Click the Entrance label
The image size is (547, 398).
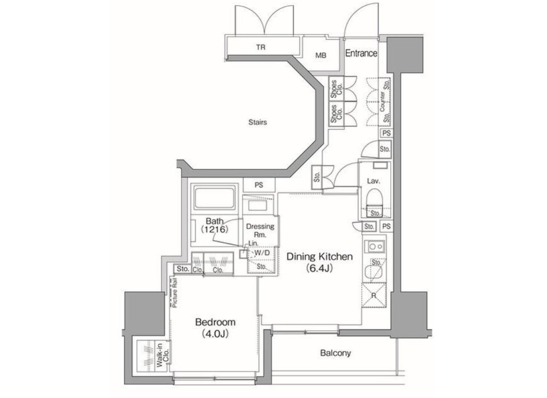361,53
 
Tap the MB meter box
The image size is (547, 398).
321,55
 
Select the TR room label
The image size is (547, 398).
260,47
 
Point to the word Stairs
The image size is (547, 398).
258,122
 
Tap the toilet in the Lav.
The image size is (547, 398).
374,201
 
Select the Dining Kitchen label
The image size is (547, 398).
320,257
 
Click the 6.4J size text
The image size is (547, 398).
319,268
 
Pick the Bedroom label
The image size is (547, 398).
215,322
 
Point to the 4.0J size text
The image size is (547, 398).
215,334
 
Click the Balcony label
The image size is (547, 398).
335,353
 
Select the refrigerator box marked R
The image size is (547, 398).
374,295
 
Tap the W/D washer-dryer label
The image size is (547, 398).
261,252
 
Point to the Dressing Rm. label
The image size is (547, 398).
260,230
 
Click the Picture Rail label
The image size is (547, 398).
175,293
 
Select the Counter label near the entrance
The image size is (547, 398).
382,101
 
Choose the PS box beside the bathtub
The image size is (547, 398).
259,185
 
